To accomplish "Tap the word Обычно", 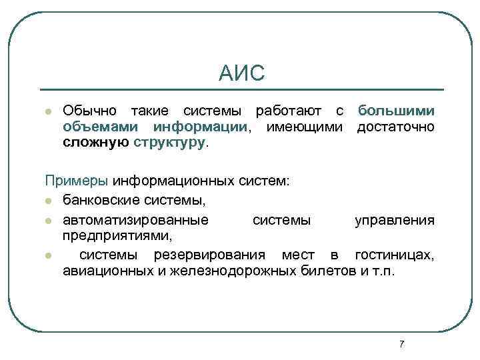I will click(88, 110).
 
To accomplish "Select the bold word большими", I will click(396, 110).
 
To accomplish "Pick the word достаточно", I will click(396, 126).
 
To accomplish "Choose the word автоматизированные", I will click(135, 220).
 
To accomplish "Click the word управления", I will click(395, 220).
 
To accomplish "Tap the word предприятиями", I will click(117, 235).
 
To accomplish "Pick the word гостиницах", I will click(395, 255).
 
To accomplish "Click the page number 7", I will click(401, 343).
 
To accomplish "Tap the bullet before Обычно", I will click(48, 111).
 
